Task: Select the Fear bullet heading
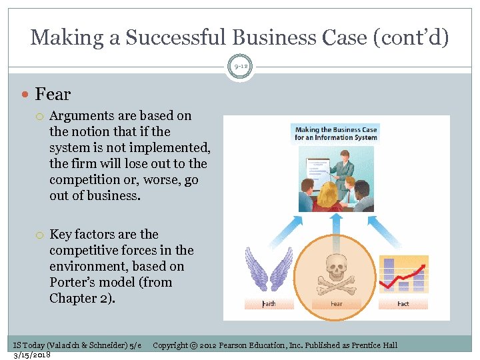click(53, 95)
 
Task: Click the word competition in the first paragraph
click(85, 180)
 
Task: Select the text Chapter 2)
click(82, 298)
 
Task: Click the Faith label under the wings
click(268, 303)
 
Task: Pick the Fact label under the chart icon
click(403, 303)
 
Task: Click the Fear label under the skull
click(336, 303)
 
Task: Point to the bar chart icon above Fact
click(403, 273)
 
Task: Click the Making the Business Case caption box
click(336, 133)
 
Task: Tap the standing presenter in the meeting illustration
click(344, 170)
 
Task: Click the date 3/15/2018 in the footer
click(32, 355)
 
